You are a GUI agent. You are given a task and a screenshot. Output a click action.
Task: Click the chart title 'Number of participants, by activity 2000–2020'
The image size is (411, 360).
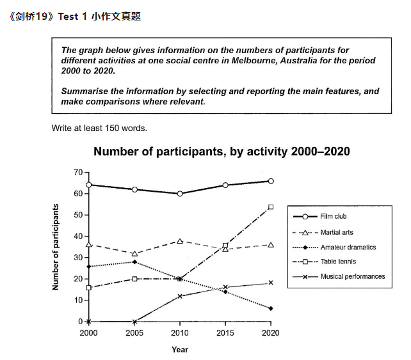tap(222, 152)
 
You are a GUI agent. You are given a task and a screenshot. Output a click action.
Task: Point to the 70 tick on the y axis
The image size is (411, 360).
tap(79, 173)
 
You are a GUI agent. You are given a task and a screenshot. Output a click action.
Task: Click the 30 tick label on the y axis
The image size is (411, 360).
tap(79, 258)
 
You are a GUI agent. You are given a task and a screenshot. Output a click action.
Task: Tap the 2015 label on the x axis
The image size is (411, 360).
tap(225, 333)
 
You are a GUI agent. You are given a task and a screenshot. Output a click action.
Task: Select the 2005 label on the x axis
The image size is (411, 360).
tap(134, 333)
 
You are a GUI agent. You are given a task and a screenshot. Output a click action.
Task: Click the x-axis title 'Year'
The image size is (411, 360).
tap(180, 349)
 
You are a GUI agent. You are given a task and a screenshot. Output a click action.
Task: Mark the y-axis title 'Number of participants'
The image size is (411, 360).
tap(56, 247)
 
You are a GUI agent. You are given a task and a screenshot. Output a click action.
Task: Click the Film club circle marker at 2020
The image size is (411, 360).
tap(271, 181)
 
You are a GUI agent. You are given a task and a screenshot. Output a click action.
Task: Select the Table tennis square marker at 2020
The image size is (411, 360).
tap(271, 207)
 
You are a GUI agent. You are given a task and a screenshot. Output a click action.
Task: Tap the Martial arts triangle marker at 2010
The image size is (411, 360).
tap(180, 241)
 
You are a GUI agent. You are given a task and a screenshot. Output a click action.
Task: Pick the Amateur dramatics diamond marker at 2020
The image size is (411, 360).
tap(271, 308)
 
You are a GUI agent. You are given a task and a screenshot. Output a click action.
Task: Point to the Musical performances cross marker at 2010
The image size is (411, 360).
tap(180, 296)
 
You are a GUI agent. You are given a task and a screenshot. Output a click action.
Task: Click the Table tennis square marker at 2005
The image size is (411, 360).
tap(134, 279)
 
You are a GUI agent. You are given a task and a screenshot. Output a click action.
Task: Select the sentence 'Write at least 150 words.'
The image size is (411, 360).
tap(99, 128)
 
